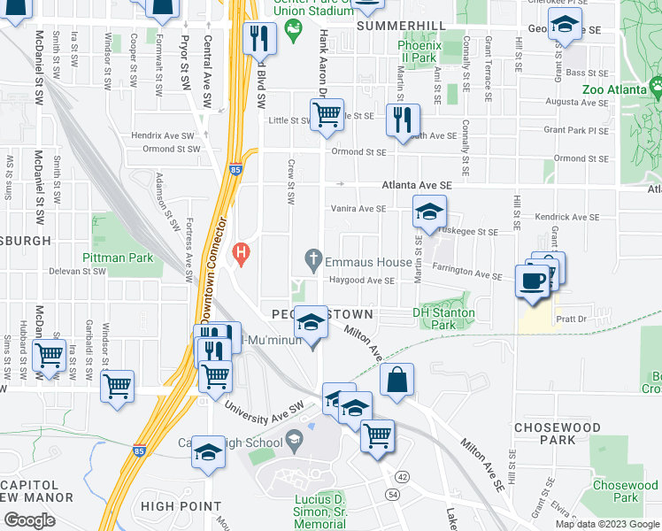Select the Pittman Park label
[118, 258]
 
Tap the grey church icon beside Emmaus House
[312, 259]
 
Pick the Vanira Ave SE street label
[358, 209]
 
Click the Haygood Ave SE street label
[362, 281]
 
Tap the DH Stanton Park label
[443, 312]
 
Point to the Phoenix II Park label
[417, 50]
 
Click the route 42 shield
[403, 476]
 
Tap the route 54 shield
[389, 491]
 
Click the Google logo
[29, 520]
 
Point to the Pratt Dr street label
[572, 319]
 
